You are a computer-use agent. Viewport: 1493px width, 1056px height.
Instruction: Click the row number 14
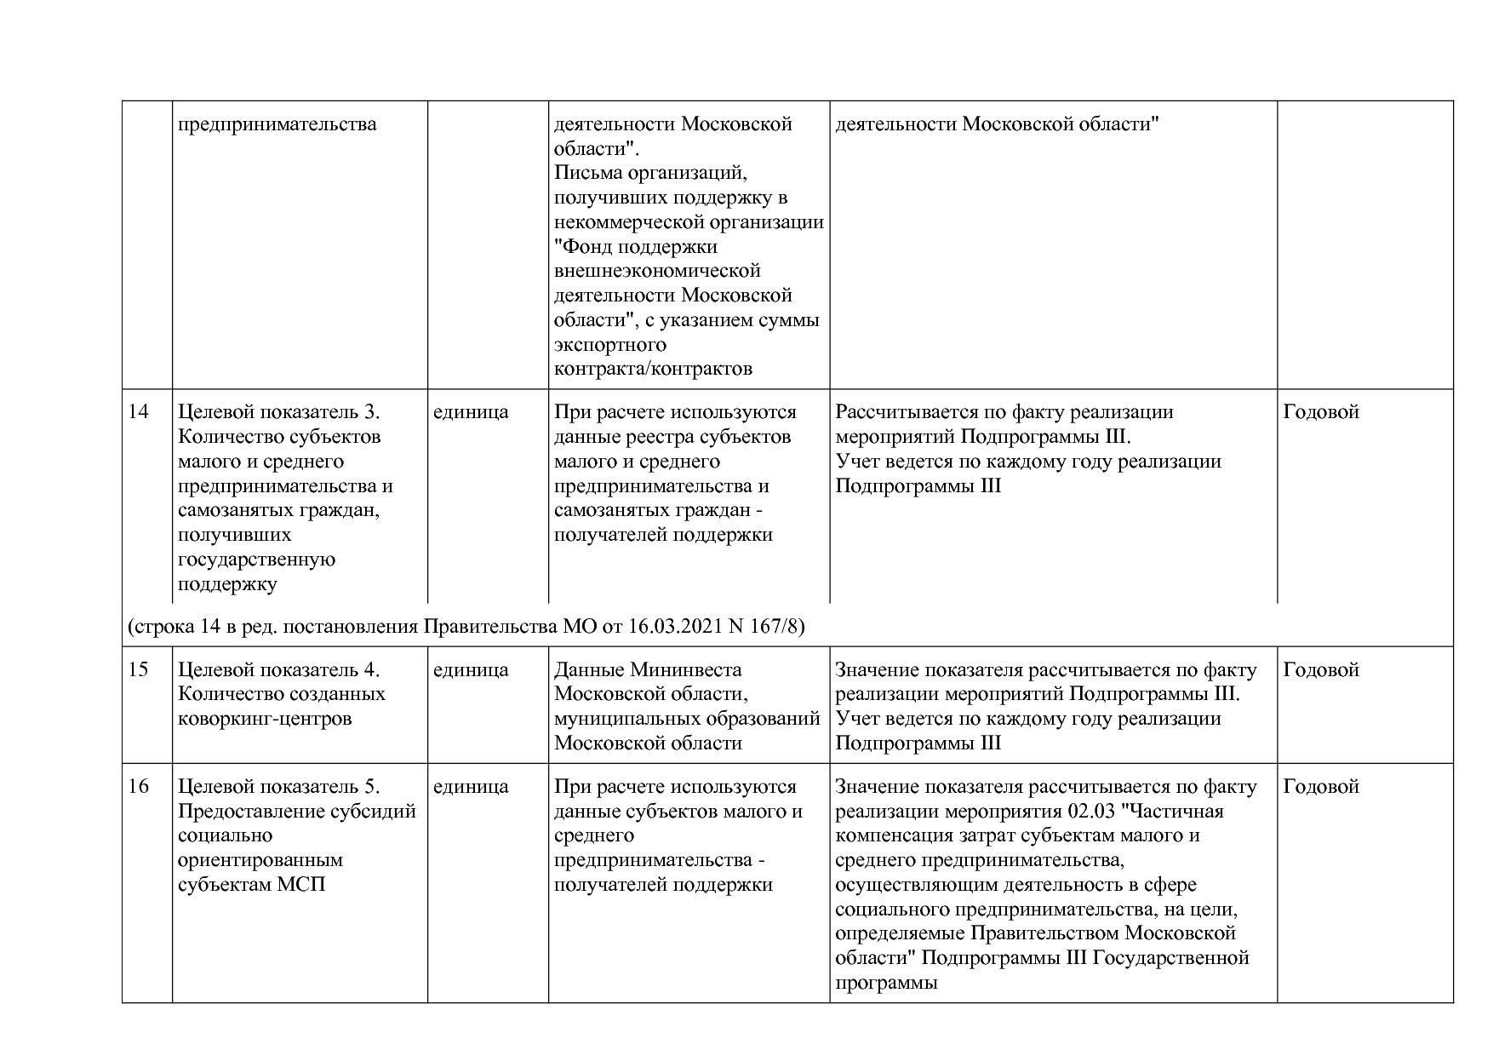(138, 412)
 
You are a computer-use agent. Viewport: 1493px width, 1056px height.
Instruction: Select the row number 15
(138, 670)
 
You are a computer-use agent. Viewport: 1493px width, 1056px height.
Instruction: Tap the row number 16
(138, 787)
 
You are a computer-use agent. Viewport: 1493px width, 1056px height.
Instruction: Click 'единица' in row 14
(471, 412)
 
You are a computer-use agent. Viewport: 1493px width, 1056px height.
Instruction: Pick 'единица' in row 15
(471, 670)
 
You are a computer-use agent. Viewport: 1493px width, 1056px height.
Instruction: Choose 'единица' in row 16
(471, 787)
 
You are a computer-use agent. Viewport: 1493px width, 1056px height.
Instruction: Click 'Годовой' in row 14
(1321, 412)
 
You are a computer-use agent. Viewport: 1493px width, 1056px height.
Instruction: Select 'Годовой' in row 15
(1321, 670)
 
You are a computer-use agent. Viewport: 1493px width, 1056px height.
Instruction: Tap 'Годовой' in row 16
(1321, 787)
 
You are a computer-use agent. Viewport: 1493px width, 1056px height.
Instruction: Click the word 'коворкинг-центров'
(265, 719)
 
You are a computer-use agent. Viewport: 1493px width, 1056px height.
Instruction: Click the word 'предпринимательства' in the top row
(277, 124)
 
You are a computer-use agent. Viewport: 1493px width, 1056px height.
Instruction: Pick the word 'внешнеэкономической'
(657, 271)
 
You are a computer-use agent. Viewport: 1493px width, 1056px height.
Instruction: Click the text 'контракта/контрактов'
(653, 369)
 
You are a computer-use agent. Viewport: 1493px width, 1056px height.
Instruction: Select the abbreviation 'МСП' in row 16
(301, 885)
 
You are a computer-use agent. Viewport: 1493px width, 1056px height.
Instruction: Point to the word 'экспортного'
(609, 345)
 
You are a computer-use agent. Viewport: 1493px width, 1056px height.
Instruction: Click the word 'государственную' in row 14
(256, 560)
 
